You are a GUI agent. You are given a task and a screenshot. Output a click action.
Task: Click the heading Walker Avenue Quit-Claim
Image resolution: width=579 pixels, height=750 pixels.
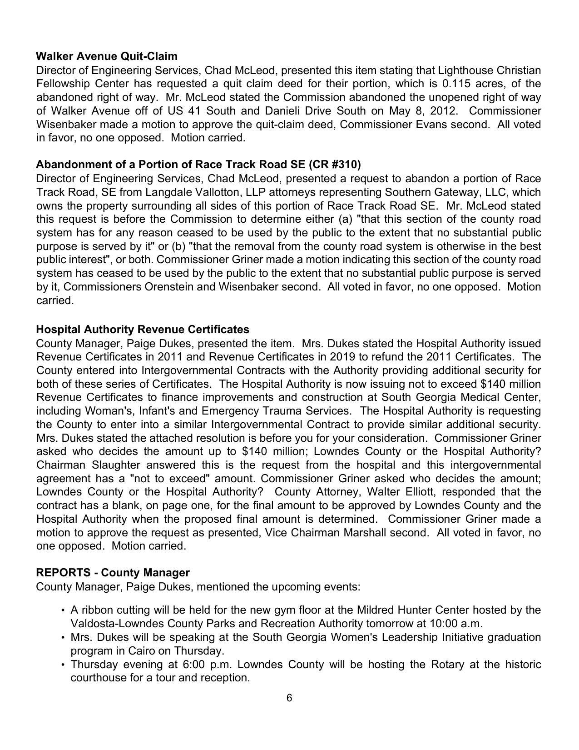coord(107,56)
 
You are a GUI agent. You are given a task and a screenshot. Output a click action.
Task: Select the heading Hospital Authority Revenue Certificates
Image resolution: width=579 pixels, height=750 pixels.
coord(143,329)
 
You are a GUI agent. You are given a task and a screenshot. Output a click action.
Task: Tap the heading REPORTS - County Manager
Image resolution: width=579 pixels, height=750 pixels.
coord(113,572)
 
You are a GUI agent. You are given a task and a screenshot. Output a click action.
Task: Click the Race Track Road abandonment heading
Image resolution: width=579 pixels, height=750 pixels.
coord(198,164)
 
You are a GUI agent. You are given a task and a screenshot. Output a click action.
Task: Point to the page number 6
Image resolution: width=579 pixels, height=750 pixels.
coord(289,698)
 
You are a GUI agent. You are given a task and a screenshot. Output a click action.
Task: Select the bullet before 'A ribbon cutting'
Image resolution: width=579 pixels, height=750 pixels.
coord(62,610)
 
